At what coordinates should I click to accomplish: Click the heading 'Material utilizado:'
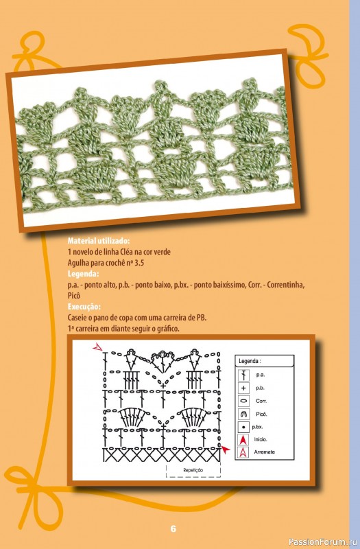click(x=99, y=241)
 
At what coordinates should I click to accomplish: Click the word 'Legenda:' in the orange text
click(x=83, y=273)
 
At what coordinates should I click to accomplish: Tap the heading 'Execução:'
click(x=84, y=307)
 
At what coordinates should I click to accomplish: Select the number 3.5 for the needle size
click(x=139, y=263)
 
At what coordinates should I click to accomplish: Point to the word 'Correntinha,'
click(x=285, y=285)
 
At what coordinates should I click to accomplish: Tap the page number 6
click(x=173, y=528)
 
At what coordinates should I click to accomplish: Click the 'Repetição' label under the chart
click(x=193, y=470)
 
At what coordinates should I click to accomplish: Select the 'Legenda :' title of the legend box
click(x=250, y=361)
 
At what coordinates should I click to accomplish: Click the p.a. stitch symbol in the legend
click(x=243, y=375)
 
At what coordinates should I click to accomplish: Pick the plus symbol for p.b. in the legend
click(x=243, y=388)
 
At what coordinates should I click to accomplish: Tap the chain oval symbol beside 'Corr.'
click(x=243, y=401)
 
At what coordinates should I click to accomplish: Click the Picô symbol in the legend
click(x=243, y=414)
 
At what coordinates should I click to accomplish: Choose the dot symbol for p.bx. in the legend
click(x=243, y=427)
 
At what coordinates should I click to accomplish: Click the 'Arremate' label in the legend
click(x=265, y=452)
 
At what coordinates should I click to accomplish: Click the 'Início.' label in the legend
click(x=261, y=439)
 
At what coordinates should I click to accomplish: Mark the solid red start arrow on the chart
click(x=226, y=449)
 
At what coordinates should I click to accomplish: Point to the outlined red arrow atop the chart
click(x=97, y=347)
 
